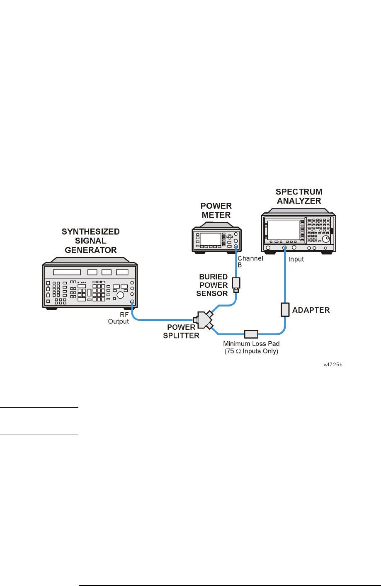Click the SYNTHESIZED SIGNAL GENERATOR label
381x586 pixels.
click(90, 241)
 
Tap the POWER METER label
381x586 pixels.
click(216, 210)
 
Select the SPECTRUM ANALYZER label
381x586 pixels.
click(299, 196)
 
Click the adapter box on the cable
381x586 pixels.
click(285, 310)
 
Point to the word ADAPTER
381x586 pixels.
click(311, 310)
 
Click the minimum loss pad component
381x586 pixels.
click(251, 334)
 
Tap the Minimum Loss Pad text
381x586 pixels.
click(251, 344)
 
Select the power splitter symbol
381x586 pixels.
click(203, 320)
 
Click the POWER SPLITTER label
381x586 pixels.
click(181, 331)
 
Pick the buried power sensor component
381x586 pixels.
click(236, 285)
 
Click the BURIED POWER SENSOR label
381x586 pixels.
click(212, 285)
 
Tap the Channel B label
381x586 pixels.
click(250, 261)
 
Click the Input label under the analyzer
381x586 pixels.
click(296, 259)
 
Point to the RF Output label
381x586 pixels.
click(119, 318)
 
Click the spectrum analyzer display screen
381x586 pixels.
click(284, 230)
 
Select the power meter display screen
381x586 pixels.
click(211, 239)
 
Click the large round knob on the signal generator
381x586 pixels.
click(120, 295)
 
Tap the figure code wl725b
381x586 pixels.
click(333, 365)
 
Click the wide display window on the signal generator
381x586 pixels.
click(67, 272)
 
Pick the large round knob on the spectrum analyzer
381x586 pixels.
click(326, 239)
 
